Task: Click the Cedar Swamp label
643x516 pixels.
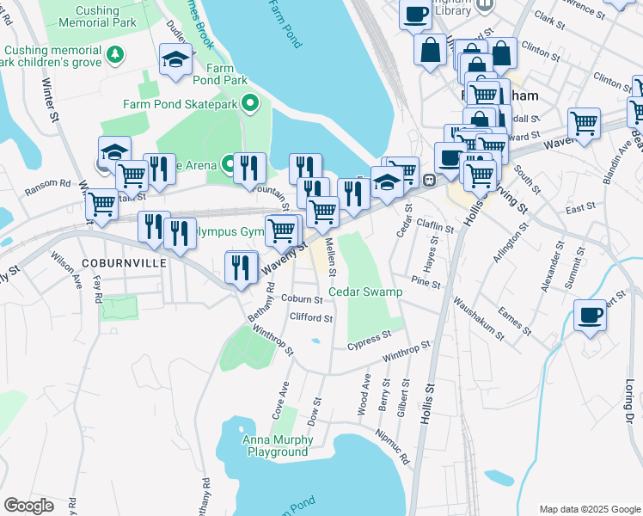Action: tap(365, 292)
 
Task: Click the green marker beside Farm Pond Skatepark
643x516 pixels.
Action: tap(251, 105)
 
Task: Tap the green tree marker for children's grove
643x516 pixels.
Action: tap(115, 56)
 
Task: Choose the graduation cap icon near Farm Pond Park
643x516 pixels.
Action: tap(175, 60)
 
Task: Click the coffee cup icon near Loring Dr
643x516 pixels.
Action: tap(590, 316)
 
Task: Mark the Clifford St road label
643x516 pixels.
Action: tap(311, 317)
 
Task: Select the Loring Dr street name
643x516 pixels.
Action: tap(628, 401)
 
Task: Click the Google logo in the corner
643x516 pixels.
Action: tap(28, 506)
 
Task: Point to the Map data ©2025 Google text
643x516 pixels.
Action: tap(589, 509)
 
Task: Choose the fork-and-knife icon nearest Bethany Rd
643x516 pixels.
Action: tap(241, 267)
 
